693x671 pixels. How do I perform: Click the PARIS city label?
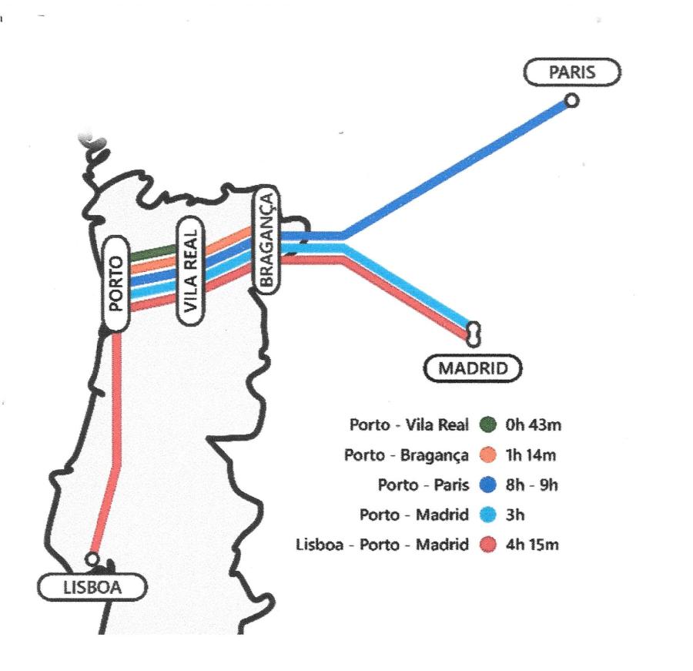[x=572, y=72]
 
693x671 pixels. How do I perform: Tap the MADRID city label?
[x=473, y=368]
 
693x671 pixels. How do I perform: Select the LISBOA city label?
[x=92, y=587]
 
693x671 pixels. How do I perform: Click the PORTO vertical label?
[x=116, y=283]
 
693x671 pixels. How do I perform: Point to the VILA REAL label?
[x=190, y=270]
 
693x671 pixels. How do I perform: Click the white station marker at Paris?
[x=572, y=101]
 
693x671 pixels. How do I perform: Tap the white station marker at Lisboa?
[x=92, y=559]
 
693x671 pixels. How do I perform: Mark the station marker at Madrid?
[x=474, y=334]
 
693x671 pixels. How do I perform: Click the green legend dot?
[x=488, y=424]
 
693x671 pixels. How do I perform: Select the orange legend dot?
[x=488, y=455]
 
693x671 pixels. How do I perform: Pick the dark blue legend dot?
[x=488, y=485]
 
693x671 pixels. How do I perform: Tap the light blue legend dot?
[x=488, y=515]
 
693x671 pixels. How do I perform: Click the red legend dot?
[x=488, y=545]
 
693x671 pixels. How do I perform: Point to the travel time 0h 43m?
[x=533, y=425]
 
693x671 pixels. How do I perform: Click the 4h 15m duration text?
[x=532, y=545]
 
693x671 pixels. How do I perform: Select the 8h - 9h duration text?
[x=531, y=485]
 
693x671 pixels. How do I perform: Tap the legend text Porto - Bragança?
[x=406, y=455]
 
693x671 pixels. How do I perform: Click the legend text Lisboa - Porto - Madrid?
[x=382, y=545]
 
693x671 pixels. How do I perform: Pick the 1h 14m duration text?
[x=531, y=455]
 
